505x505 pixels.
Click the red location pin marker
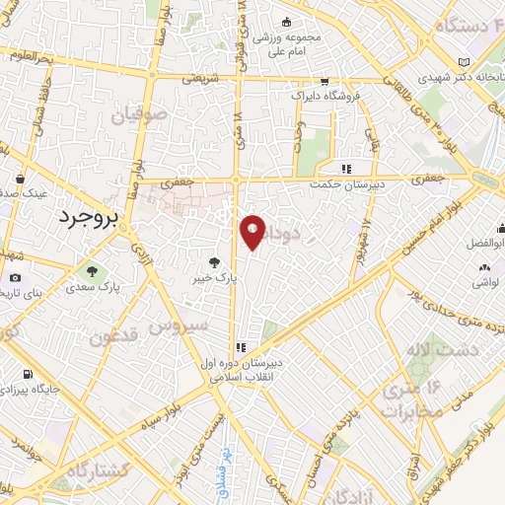pos(252,232)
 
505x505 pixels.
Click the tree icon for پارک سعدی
pos(91,271)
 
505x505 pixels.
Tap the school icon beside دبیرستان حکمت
pos(345,168)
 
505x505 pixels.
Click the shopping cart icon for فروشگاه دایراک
pos(323,83)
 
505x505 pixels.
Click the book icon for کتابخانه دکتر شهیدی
pos(465,61)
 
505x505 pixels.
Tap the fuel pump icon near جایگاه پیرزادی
pos(26,375)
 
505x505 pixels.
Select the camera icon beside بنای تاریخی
pos(15,279)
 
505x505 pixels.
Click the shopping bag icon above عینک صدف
pos(22,180)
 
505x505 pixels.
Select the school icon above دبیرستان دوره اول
pos(241,346)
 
